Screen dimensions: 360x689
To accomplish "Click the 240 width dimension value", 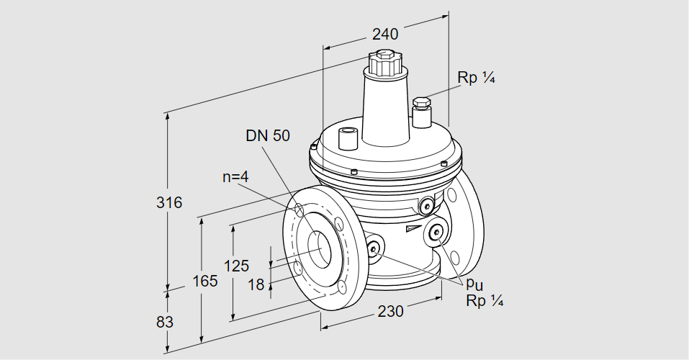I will coord(384,34).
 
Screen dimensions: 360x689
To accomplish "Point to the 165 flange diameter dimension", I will coord(205,282).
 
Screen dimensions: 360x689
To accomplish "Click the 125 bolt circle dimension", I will coord(236,266).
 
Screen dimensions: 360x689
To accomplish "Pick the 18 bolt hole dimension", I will coord(256,284).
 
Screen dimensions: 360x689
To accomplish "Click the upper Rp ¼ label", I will coord(477,78).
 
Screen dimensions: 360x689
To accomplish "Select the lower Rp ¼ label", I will coord(484,301).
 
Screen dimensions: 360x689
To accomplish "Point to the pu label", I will coord(474,284).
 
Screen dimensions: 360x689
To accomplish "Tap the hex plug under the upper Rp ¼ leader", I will coord(421,104).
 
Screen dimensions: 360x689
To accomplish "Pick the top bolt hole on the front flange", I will coord(298,210).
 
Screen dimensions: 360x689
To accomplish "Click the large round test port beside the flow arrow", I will coord(436,232).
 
